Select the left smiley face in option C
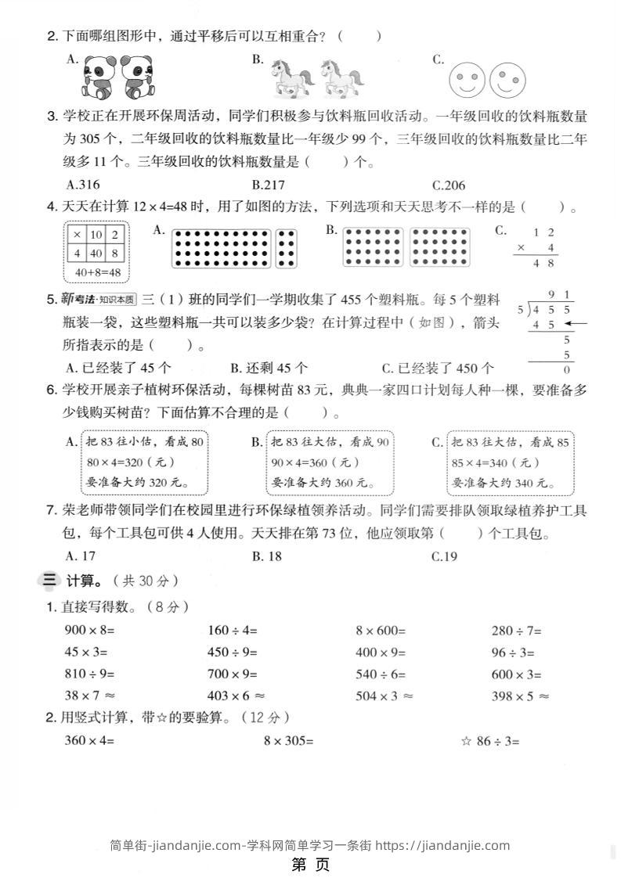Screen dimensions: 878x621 [468, 79]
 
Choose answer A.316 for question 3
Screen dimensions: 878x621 [83, 185]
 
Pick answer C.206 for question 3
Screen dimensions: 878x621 [449, 185]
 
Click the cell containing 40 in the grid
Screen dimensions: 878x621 [96, 254]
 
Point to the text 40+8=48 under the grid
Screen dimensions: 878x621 [97, 272]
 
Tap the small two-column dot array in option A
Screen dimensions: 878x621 [287, 249]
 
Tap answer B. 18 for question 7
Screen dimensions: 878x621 [267, 557]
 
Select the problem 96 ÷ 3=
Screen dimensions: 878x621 [513, 652]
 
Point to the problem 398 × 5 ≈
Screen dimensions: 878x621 [520, 696]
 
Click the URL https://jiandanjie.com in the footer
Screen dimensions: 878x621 [442, 845]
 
